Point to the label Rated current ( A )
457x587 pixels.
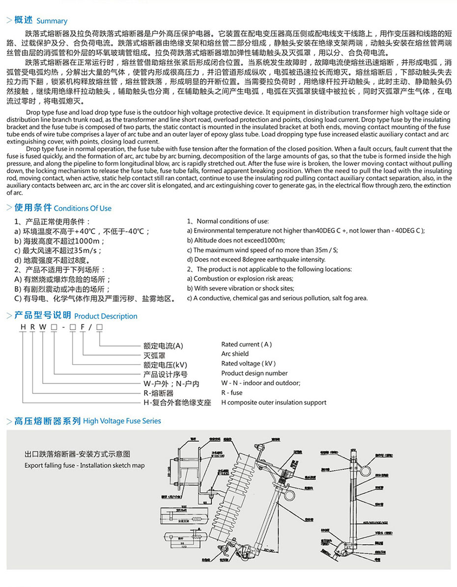(x=246, y=345)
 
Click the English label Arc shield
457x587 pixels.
(x=235, y=354)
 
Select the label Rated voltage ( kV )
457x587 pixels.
(x=248, y=364)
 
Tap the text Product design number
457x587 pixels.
(x=254, y=374)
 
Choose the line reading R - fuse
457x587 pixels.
(x=231, y=393)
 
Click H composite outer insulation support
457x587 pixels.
(x=274, y=402)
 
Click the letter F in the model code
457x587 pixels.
(x=82, y=327)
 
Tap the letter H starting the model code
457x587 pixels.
(x=23, y=327)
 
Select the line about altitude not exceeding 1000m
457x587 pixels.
(x=236, y=240)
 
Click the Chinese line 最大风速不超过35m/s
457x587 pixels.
(x=58, y=250)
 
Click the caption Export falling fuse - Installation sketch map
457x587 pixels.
(x=85, y=465)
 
